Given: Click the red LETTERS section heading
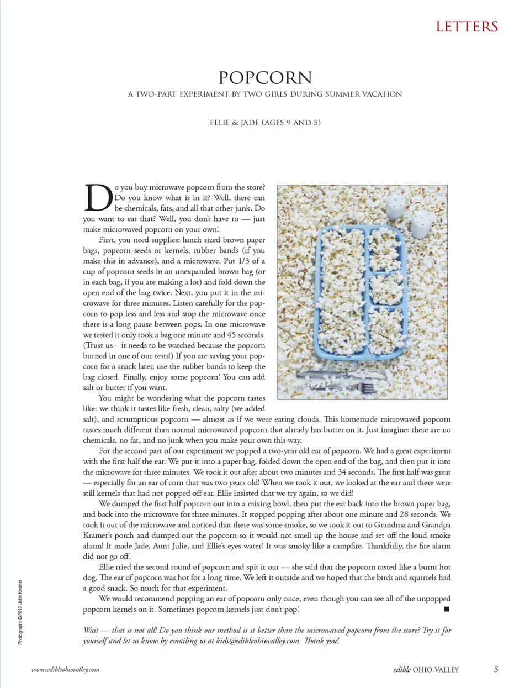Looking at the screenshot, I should coord(467,27).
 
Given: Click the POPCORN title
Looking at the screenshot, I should coord(265,77).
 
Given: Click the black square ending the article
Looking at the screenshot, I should coord(447,609).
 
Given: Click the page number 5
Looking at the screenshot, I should coord(496,669).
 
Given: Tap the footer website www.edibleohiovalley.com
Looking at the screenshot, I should coord(65,670).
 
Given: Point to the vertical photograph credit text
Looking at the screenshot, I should coord(20,612).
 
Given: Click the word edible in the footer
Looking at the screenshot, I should coord(401,669).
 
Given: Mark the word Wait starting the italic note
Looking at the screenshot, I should coord(91,630).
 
